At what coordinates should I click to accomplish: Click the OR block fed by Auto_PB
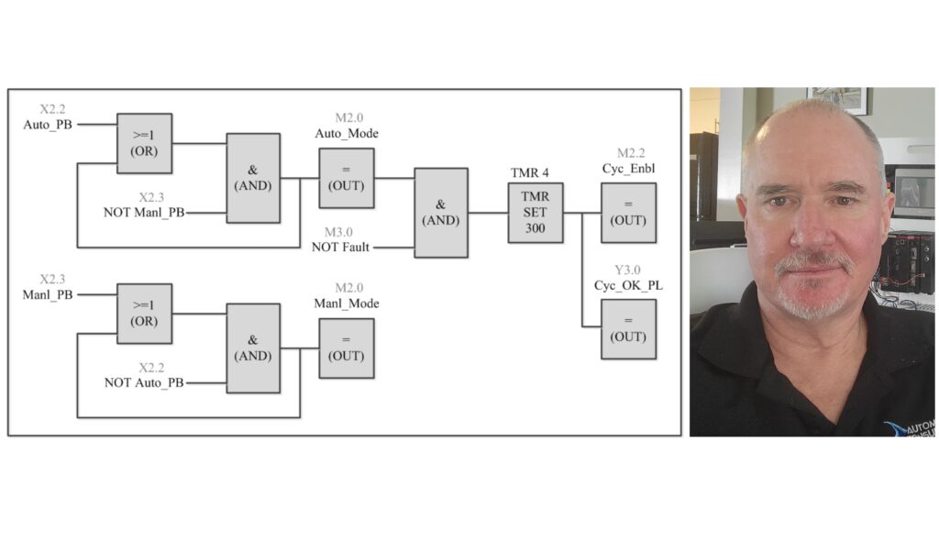(144, 144)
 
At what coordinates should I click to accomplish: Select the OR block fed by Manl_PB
(144, 313)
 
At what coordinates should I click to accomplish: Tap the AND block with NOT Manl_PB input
(253, 178)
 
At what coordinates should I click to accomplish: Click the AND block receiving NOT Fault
(440, 212)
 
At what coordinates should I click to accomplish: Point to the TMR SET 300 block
(536, 212)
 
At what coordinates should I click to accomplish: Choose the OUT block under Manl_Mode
(346, 348)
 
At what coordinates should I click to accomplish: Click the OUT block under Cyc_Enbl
(628, 213)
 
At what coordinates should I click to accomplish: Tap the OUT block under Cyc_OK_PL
(628, 328)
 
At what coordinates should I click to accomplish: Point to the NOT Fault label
(348, 248)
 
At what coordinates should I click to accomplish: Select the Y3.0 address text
(628, 270)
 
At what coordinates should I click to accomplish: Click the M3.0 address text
(346, 232)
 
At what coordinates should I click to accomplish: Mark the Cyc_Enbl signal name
(628, 170)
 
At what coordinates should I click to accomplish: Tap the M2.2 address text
(628, 153)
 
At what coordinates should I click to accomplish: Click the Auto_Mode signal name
(346, 134)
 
